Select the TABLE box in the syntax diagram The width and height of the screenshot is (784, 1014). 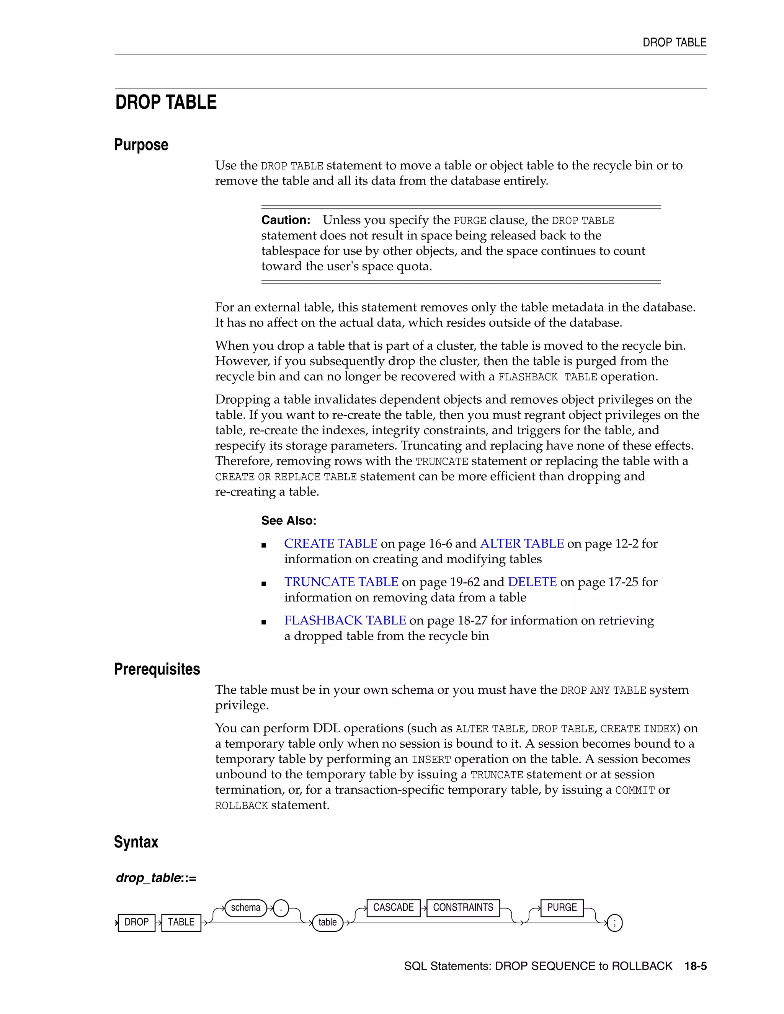pos(181,922)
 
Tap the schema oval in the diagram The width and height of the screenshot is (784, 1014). pos(246,908)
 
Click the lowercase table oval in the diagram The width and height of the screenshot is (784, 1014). pos(327,923)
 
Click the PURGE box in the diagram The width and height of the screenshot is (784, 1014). pos(562,908)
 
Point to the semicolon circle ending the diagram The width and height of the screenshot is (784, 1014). pos(614,923)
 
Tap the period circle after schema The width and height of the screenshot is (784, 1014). pos(281,908)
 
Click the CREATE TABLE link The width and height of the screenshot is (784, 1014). pos(331,544)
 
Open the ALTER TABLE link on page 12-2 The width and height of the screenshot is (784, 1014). pos(522,544)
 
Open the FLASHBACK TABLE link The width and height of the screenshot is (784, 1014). pos(345,621)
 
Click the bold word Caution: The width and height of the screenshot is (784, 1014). pos(286,220)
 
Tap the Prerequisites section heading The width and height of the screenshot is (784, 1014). pos(157,669)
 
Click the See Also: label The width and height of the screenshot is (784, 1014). pos(288,520)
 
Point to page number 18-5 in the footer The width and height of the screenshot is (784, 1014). pos(695,966)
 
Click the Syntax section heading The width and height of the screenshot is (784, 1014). pos(136,842)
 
